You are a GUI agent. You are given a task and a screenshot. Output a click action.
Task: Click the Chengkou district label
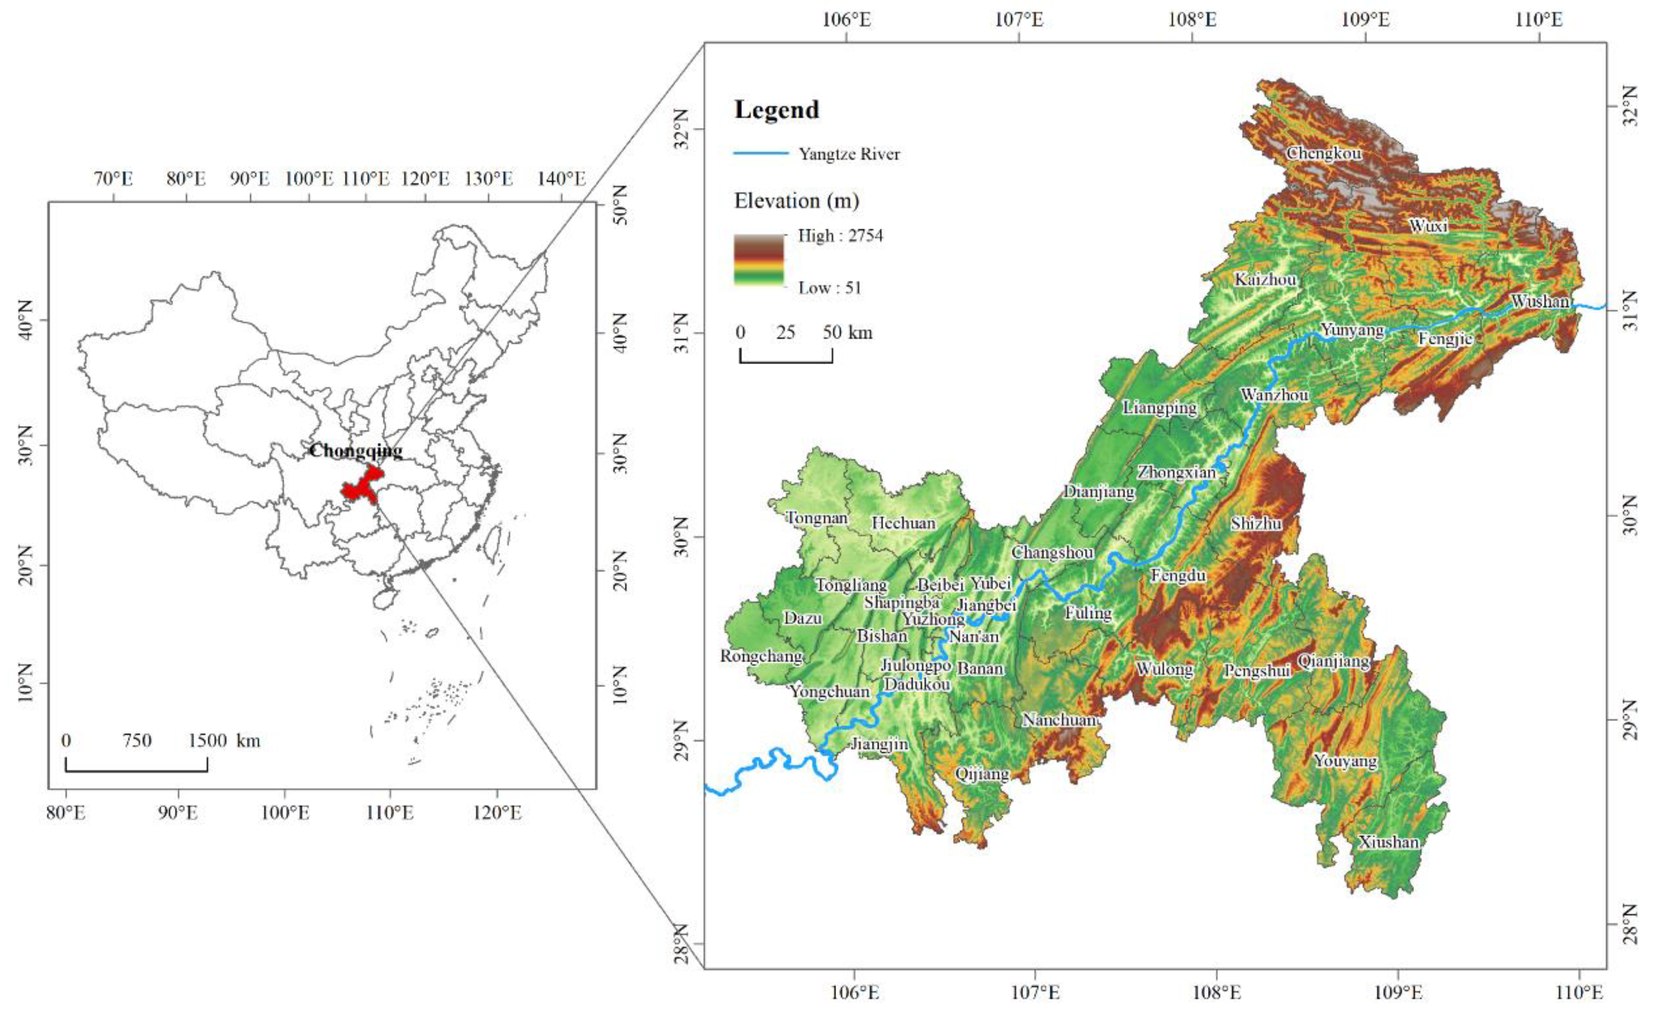click(x=1323, y=153)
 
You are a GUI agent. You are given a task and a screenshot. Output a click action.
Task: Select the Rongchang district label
click(x=761, y=655)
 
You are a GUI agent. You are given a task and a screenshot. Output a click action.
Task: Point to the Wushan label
click(x=1540, y=301)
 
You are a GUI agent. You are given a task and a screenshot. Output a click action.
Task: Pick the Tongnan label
click(x=816, y=518)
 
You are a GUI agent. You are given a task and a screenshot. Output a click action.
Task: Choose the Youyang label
click(x=1345, y=760)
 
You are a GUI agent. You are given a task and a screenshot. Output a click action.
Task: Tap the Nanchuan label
click(x=1058, y=720)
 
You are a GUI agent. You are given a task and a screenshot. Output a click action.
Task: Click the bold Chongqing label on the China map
click(x=356, y=450)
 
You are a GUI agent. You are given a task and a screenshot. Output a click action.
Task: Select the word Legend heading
click(x=776, y=110)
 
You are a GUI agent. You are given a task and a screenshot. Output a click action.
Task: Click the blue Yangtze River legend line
click(x=761, y=153)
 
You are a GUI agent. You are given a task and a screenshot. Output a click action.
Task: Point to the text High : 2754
click(x=840, y=236)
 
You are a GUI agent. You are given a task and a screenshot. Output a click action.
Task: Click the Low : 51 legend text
click(x=830, y=287)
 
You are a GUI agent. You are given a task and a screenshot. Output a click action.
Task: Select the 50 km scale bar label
click(x=847, y=332)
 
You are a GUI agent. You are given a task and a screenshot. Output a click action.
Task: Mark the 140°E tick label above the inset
click(x=561, y=178)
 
